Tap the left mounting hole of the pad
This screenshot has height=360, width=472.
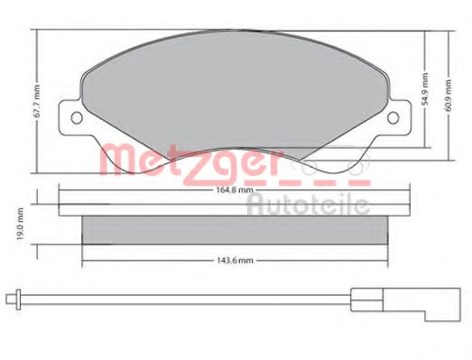76,117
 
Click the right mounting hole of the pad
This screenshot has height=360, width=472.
393,117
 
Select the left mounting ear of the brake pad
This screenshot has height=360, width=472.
71,119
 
